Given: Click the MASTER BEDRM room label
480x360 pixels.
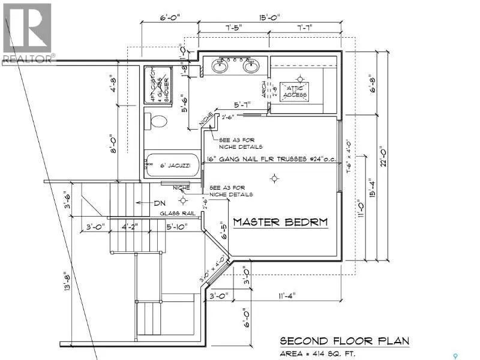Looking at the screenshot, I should pyautogui.click(x=281, y=222).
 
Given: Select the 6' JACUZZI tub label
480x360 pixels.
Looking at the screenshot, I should pyautogui.click(x=173, y=163).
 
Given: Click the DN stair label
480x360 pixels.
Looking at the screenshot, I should pyautogui.click(x=160, y=202).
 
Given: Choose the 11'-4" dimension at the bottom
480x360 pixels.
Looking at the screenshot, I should pyautogui.click(x=286, y=295).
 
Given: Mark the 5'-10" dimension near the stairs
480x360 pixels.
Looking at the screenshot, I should pyautogui.click(x=178, y=227).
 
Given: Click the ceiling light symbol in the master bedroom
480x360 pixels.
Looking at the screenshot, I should pyautogui.click(x=275, y=178).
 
